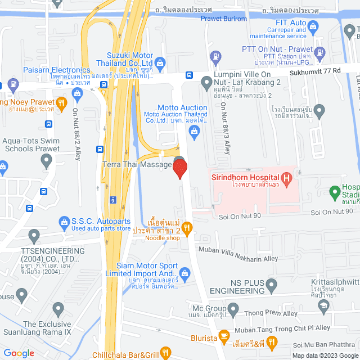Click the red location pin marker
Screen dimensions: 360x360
179,169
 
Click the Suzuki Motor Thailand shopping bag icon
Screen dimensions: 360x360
160,62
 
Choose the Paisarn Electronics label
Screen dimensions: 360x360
57,70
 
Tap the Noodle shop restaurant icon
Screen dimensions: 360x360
188,227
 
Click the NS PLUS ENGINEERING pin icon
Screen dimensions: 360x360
272,285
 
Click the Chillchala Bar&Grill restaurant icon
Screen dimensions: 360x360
165,353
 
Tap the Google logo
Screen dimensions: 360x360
19,353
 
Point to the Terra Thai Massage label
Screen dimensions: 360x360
137,164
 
